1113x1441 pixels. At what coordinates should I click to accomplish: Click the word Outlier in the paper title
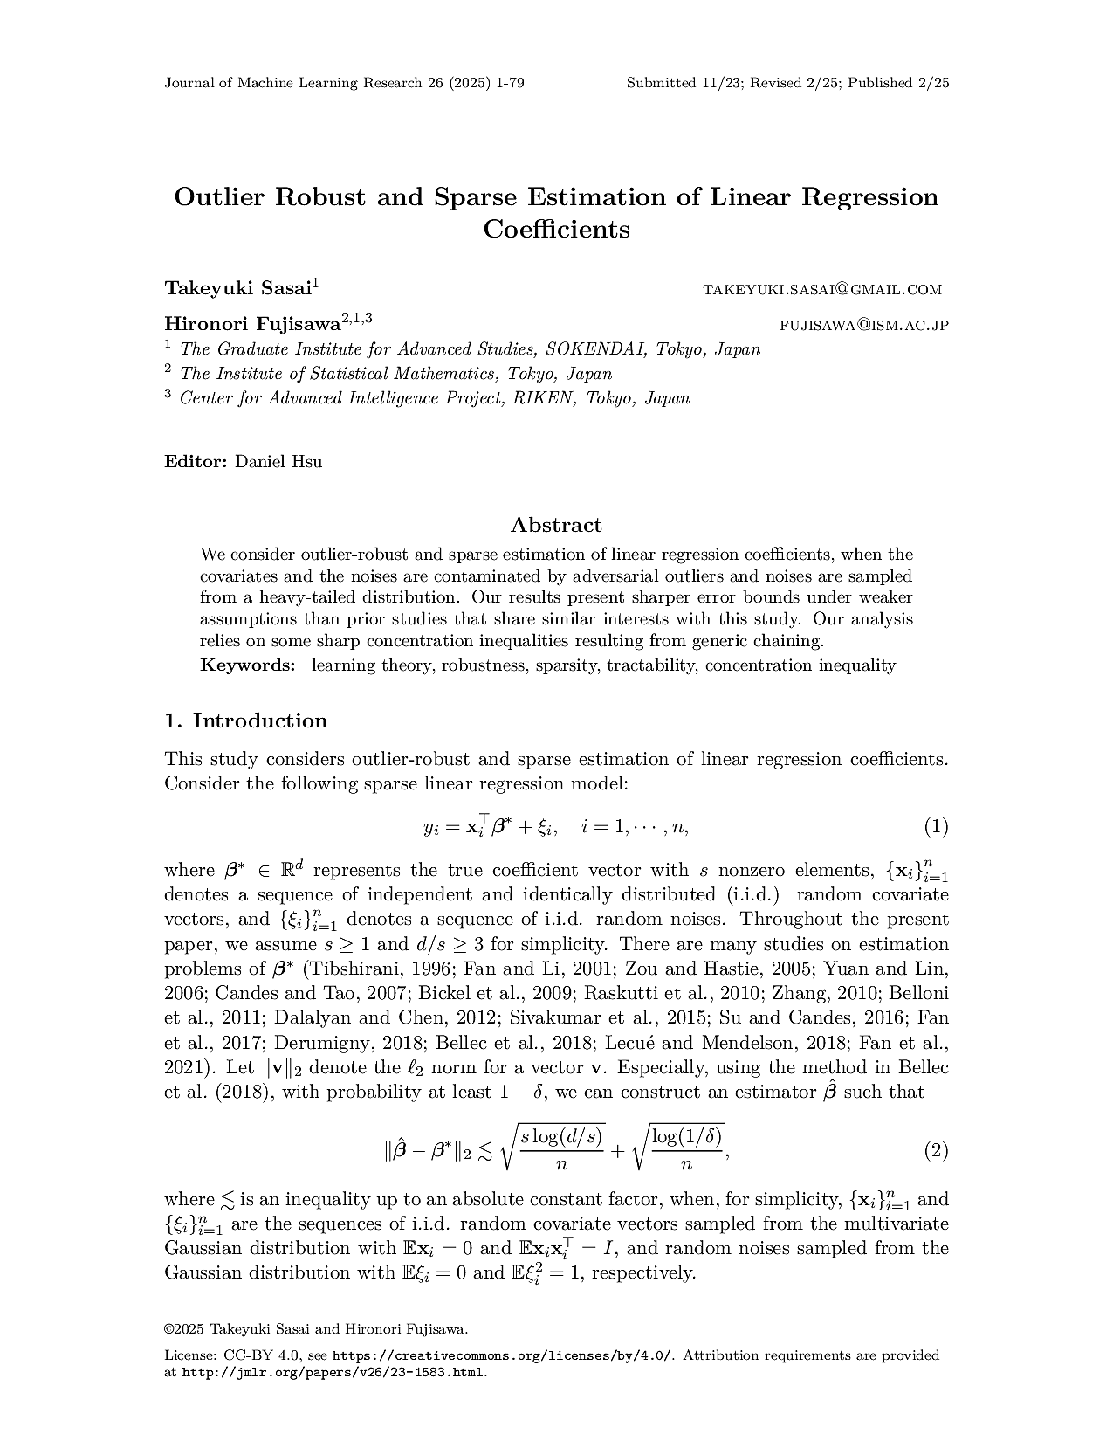click(221, 196)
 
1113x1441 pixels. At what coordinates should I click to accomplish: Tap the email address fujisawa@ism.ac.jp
click(863, 326)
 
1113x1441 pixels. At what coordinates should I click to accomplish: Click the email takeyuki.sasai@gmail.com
click(822, 289)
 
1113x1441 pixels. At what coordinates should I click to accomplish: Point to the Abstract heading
click(556, 525)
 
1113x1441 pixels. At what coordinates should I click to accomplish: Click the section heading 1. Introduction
click(246, 720)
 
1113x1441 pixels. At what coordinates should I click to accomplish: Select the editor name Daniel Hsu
click(278, 462)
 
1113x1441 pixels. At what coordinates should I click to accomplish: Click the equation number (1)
click(936, 826)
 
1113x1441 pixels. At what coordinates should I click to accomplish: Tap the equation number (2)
click(936, 1150)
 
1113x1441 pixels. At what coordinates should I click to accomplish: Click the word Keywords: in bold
click(248, 665)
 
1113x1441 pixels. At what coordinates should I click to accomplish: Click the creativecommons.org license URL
click(503, 1355)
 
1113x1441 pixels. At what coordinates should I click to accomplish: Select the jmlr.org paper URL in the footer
click(333, 1372)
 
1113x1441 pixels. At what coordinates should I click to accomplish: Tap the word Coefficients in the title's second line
click(556, 230)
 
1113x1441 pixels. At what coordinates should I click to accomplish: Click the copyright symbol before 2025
click(168, 1329)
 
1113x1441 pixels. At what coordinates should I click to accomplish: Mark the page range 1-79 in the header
click(509, 83)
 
